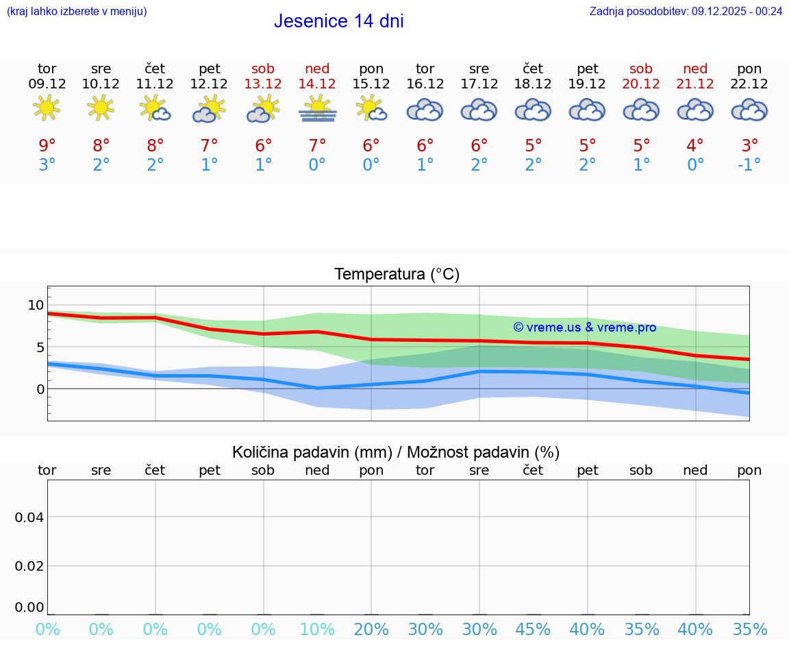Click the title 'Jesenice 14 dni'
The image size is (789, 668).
338,21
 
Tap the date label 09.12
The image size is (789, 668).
47,84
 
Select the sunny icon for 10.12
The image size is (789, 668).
101,108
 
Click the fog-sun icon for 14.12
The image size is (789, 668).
317,108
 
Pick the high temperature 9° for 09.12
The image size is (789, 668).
47,146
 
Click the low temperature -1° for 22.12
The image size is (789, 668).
749,164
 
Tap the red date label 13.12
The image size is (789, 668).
263,84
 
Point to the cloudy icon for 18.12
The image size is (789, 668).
533,110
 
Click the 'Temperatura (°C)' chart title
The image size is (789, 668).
397,275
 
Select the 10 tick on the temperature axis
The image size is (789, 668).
36,305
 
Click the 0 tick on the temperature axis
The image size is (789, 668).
40,389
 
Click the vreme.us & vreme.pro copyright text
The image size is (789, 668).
584,327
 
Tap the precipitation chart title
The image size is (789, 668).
396,452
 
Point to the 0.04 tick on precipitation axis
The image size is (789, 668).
29,517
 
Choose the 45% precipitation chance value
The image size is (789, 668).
533,630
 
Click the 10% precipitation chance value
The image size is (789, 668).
317,630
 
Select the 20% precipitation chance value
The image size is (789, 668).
371,630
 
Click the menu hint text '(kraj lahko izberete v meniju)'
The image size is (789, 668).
77,11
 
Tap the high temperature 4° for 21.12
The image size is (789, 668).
695,146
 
